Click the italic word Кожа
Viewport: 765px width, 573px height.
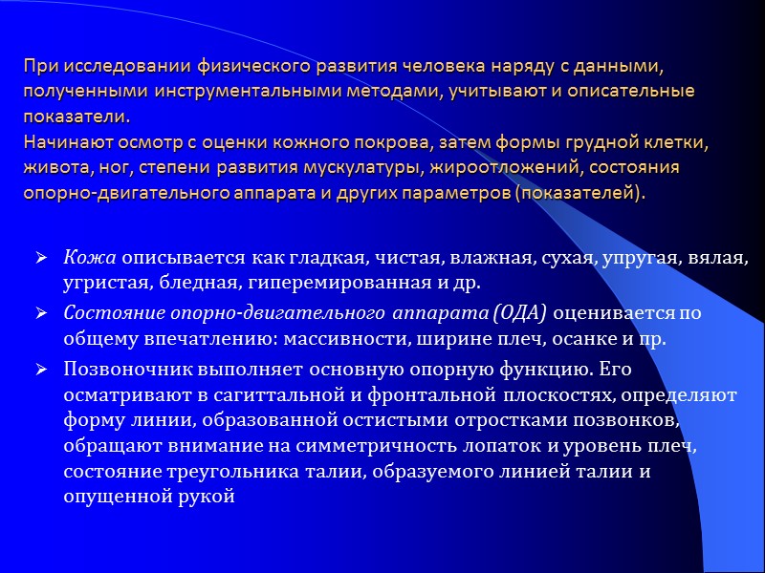(x=90, y=258)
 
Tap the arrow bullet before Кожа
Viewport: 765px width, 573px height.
(x=42, y=258)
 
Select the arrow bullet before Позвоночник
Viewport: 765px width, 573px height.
(x=42, y=368)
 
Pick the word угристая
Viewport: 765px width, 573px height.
(x=99, y=283)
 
